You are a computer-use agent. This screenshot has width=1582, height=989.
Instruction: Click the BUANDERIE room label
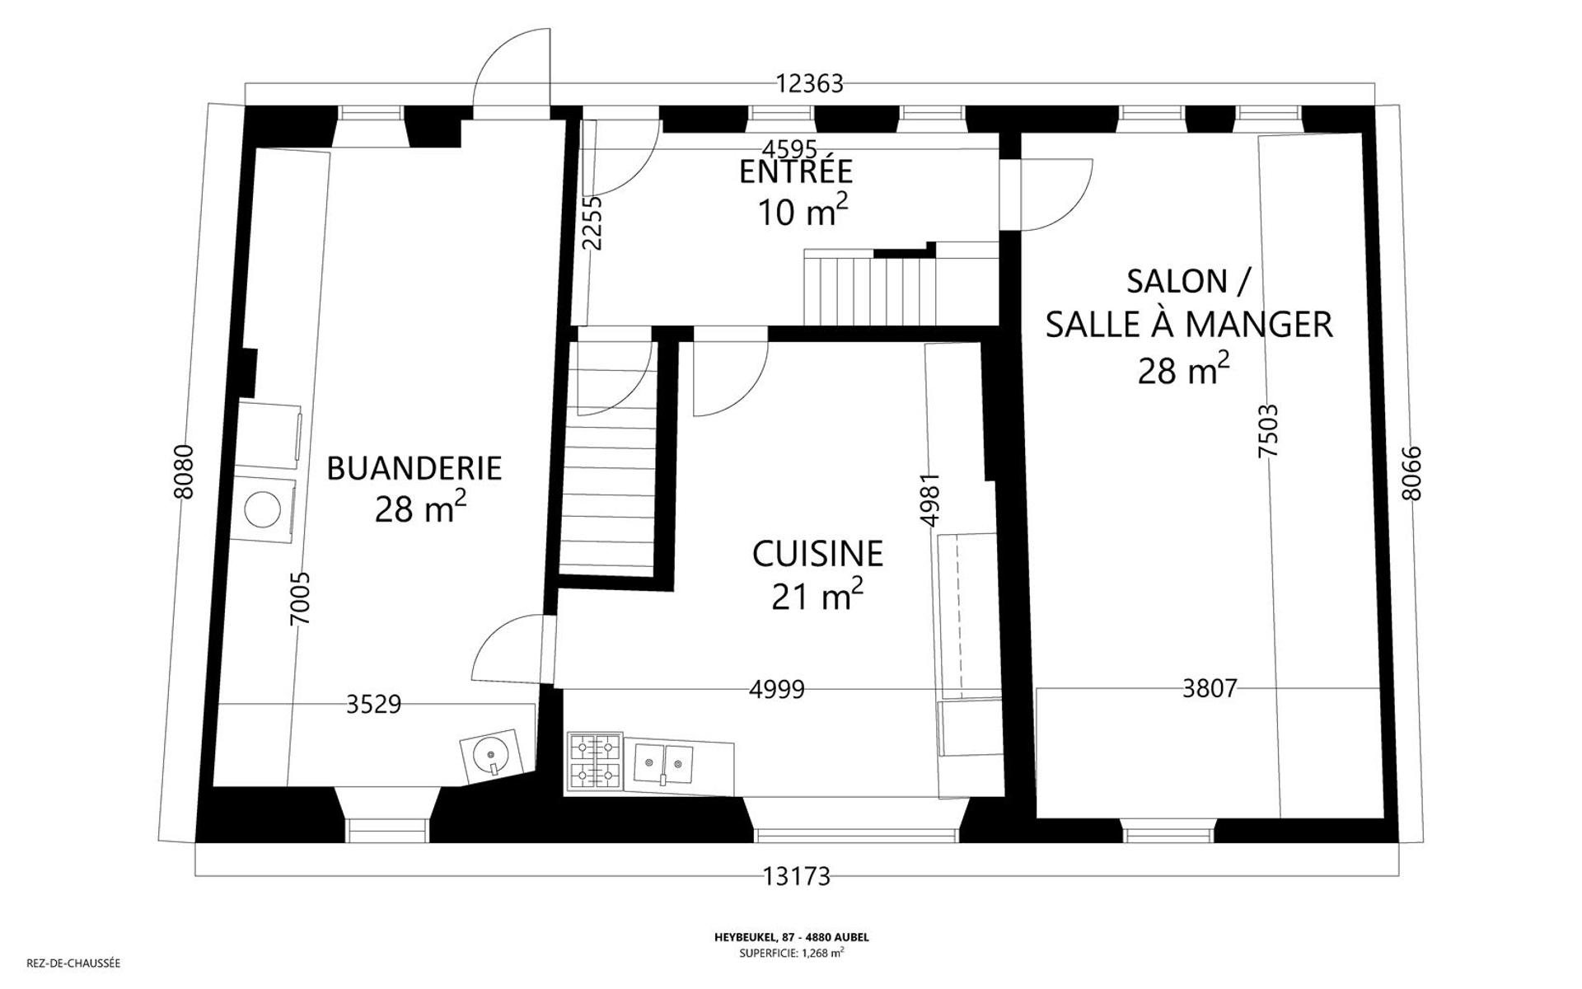pyautogui.click(x=414, y=468)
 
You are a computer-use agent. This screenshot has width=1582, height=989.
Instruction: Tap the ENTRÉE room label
pyautogui.click(x=795, y=171)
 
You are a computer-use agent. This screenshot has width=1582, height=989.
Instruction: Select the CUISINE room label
pyautogui.click(x=817, y=554)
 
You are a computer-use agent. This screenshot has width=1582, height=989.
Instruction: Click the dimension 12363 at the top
pyautogui.click(x=809, y=83)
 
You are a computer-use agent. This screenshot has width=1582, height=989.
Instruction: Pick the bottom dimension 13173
pyautogui.click(x=796, y=877)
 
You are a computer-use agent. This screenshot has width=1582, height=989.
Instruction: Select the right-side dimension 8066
pyautogui.click(x=1411, y=473)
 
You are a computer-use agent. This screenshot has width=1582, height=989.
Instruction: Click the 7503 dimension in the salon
pyautogui.click(x=1268, y=430)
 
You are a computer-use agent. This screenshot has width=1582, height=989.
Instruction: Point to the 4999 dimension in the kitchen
pyautogui.click(x=776, y=689)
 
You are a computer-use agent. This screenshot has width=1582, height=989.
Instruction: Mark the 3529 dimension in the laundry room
pyautogui.click(x=373, y=705)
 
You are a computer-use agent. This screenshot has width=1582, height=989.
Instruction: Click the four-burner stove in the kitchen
pyautogui.click(x=595, y=761)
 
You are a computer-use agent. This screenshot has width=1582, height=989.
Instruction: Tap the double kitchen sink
pyautogui.click(x=663, y=762)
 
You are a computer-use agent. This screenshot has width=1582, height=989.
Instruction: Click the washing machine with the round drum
pyautogui.click(x=264, y=509)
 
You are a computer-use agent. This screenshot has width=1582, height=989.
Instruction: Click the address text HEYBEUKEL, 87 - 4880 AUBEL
pyautogui.click(x=791, y=937)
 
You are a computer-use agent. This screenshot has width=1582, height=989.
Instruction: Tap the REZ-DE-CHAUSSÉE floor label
pyautogui.click(x=73, y=963)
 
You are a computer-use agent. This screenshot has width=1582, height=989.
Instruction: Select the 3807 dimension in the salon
pyautogui.click(x=1209, y=688)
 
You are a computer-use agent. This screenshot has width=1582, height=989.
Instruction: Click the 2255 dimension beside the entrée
pyautogui.click(x=592, y=223)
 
